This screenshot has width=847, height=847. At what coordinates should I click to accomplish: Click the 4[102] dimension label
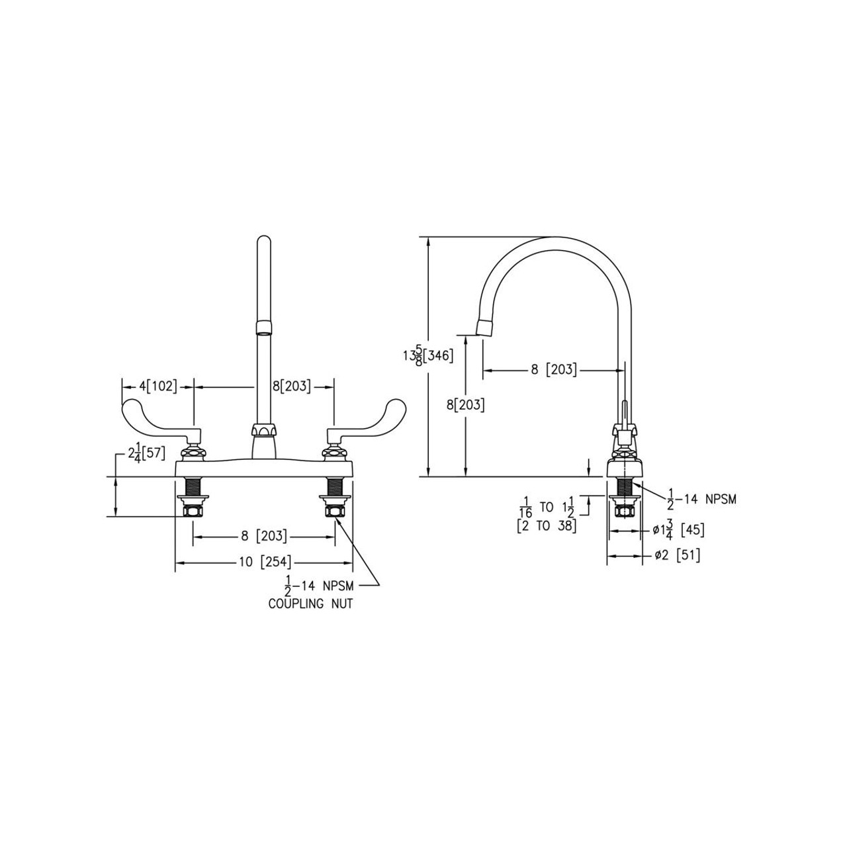click(157, 386)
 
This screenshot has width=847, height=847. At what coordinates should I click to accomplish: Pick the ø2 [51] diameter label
click(677, 555)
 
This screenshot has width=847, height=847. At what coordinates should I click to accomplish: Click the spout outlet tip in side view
click(484, 328)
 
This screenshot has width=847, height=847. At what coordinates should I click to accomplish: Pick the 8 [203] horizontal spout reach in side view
click(553, 370)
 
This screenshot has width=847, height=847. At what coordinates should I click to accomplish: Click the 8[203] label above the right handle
click(292, 386)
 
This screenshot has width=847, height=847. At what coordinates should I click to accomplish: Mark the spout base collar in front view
click(263, 433)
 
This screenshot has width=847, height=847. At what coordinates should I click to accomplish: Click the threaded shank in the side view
click(623, 487)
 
